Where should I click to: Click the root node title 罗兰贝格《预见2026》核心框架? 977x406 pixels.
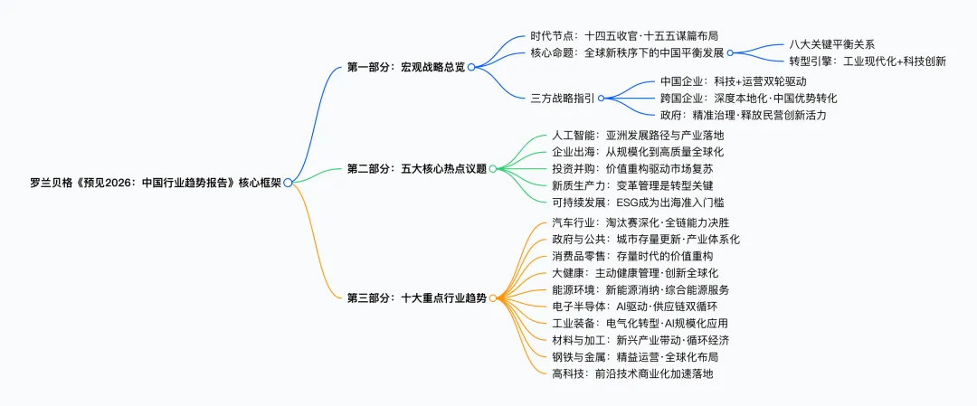(x=155, y=183)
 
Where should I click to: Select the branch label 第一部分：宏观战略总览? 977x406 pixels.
(x=406, y=67)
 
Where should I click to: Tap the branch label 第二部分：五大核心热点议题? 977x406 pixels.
(x=417, y=168)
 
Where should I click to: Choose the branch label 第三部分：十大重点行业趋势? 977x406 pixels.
(x=417, y=297)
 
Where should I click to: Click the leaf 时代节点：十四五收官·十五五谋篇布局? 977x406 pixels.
(x=624, y=36)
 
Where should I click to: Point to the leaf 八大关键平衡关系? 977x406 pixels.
(x=831, y=44)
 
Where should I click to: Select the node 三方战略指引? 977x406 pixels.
(x=563, y=98)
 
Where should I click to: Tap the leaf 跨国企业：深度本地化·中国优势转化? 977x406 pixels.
(x=748, y=98)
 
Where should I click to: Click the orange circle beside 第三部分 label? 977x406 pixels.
(x=494, y=297)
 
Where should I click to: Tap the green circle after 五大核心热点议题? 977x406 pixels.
(x=494, y=168)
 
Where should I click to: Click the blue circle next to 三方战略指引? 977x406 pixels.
(x=601, y=98)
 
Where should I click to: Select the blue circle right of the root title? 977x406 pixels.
(x=288, y=183)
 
